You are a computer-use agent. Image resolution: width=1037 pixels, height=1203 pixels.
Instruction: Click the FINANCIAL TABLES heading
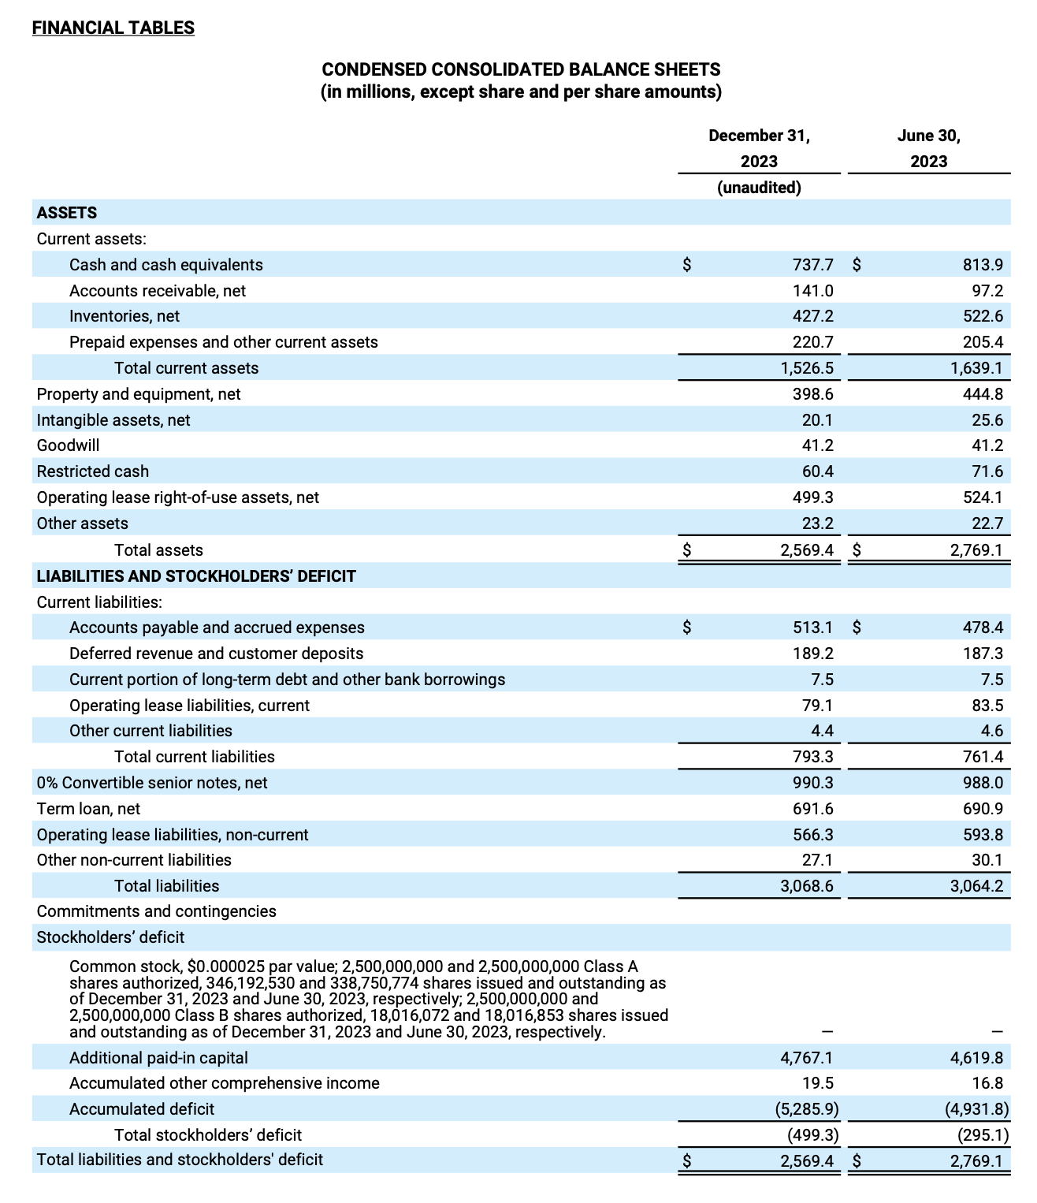click(113, 28)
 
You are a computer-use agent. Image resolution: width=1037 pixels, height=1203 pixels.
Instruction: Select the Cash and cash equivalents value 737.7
click(812, 265)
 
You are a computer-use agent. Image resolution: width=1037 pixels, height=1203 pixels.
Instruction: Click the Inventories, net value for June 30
click(982, 316)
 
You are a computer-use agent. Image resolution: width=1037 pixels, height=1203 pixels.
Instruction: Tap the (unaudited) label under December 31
click(759, 188)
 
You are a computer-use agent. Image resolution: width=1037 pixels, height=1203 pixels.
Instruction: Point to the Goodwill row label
click(69, 445)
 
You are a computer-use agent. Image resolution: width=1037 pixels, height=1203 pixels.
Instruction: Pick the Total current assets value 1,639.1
click(976, 368)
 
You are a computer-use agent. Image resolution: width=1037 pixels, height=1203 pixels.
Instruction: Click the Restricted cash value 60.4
click(817, 471)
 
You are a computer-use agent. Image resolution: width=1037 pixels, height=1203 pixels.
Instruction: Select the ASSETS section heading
click(67, 213)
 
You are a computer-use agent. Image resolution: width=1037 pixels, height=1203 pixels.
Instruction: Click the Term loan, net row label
click(88, 809)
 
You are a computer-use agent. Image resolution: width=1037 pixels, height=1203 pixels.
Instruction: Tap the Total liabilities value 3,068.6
click(806, 886)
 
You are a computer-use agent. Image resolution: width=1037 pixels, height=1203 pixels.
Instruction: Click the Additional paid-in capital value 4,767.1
click(806, 1058)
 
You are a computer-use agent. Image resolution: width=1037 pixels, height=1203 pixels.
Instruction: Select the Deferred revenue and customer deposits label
click(216, 654)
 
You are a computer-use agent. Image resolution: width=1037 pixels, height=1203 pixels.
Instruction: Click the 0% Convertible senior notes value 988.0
click(982, 783)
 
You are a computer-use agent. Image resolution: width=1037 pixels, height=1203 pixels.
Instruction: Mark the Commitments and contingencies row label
click(156, 911)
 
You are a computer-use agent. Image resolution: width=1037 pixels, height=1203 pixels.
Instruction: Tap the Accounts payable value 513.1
click(812, 628)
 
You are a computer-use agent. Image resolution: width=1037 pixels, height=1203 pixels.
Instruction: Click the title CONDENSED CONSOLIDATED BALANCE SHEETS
click(521, 70)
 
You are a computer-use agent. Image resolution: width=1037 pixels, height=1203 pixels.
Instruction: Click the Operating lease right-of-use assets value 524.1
click(982, 497)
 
